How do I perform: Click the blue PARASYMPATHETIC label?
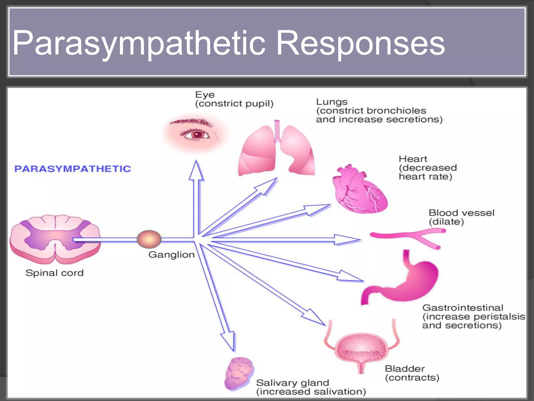[72, 169]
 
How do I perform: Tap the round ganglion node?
[149, 239]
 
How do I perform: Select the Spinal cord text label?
[54, 273]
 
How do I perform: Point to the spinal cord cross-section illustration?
[55, 239]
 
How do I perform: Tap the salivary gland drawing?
[239, 373]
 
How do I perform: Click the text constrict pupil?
[234, 104]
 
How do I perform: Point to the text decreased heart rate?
[428, 172]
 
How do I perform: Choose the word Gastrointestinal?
[463, 308]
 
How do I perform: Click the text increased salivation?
[311, 392]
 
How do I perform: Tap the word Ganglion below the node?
[171, 255]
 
